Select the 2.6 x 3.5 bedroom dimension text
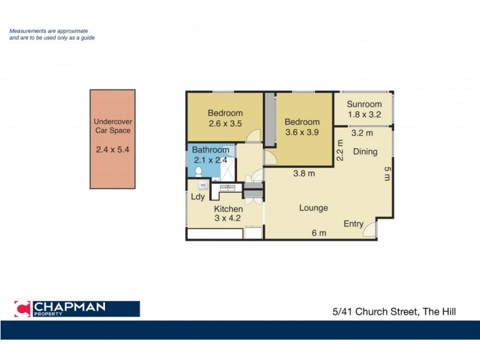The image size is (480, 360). point(225,124)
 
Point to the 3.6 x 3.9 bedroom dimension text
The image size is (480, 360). point(302,133)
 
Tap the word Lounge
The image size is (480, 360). point(313,208)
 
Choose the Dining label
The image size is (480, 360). point(365,152)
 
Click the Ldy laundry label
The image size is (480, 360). point(197,197)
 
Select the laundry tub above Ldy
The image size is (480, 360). point(203,185)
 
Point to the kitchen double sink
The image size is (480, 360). point(228,188)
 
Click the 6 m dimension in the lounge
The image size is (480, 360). point(319,233)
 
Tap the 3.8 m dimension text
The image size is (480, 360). point(305,174)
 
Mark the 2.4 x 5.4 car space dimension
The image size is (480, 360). point(112,150)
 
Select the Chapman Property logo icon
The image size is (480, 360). point(22,309)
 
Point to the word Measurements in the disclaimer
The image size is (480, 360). point(30,31)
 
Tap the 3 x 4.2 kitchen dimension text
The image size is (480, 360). point(228,219)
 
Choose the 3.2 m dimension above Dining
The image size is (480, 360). point(362,133)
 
